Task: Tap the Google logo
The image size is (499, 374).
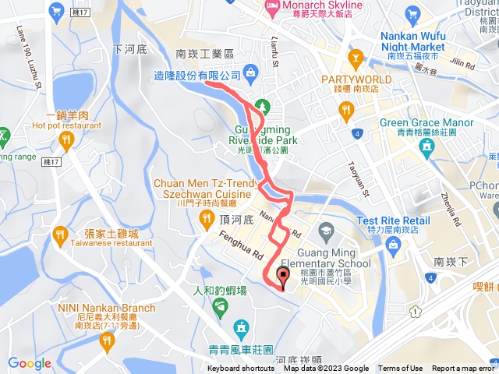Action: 29,363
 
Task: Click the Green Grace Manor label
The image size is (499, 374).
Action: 426,123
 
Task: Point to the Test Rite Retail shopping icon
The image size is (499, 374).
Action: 393,246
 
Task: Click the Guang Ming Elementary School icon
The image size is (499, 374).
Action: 325,229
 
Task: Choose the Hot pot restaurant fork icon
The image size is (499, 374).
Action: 65,140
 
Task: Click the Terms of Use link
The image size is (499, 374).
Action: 400,369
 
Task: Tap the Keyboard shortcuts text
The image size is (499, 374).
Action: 241,369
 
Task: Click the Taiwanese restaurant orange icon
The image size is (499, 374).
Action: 61,234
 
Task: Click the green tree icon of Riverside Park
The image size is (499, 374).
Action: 264,106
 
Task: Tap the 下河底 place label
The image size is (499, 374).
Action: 129,48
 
